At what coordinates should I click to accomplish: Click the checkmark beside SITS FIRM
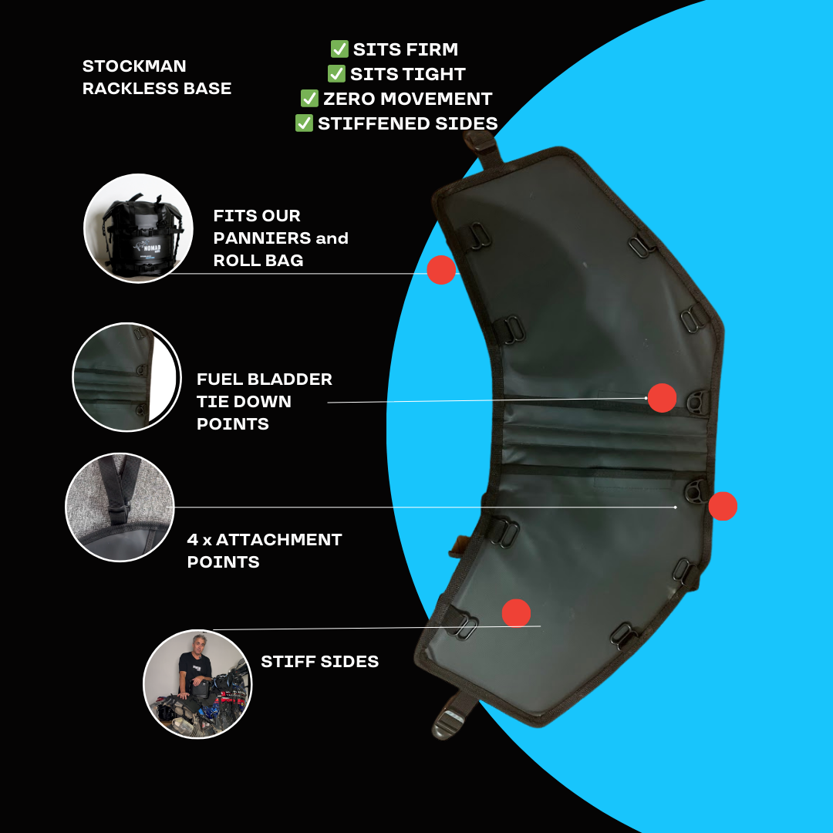339,49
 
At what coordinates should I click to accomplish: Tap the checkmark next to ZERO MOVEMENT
309,98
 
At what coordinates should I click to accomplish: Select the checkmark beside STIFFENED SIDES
304,123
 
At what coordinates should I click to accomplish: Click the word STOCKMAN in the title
134,66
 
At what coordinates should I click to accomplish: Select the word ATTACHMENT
279,540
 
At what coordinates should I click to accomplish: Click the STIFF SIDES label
320,662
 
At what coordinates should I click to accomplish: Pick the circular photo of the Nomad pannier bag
138,228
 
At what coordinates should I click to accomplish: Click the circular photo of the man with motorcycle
197,684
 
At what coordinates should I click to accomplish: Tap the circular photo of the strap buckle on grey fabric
120,508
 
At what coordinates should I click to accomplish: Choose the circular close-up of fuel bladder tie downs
126,377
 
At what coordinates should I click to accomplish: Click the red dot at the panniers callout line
441,270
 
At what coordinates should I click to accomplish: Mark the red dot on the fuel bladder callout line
662,398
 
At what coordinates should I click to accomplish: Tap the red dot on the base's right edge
723,506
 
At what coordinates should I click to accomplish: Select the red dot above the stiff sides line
516,613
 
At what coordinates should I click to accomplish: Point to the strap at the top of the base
482,147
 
